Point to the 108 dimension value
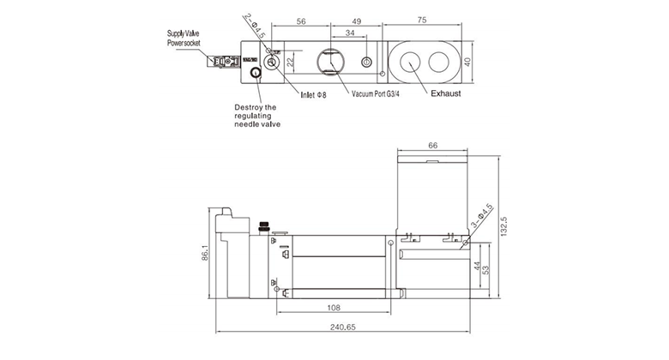pos(335,306)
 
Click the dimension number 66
pos(433,147)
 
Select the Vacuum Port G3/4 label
pos(376,93)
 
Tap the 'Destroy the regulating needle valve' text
pos(257,116)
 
